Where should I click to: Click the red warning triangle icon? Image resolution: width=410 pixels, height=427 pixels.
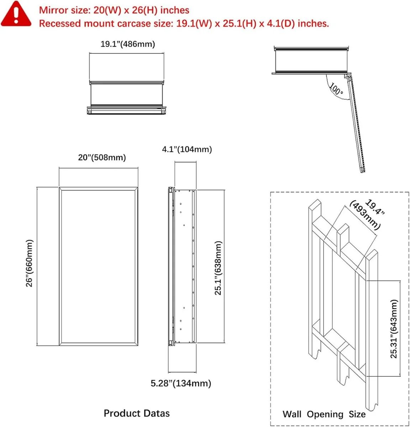(x=16, y=14)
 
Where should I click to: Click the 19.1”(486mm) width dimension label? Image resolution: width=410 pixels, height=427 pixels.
(x=128, y=44)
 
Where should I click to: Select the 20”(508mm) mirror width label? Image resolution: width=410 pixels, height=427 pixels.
(x=102, y=157)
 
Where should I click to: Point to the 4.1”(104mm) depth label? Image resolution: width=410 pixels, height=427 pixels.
(x=187, y=149)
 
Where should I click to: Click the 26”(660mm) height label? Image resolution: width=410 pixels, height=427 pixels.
(x=30, y=263)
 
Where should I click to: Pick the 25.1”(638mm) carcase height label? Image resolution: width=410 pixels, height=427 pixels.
(x=218, y=268)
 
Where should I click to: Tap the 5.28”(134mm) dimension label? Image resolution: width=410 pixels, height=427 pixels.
(x=181, y=383)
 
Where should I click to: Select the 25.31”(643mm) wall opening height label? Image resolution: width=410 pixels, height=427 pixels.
(x=394, y=328)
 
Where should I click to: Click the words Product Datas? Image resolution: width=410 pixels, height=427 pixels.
(x=137, y=413)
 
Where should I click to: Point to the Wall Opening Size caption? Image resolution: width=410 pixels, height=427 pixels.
(x=324, y=414)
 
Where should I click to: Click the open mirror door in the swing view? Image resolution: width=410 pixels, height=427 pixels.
(x=356, y=125)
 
